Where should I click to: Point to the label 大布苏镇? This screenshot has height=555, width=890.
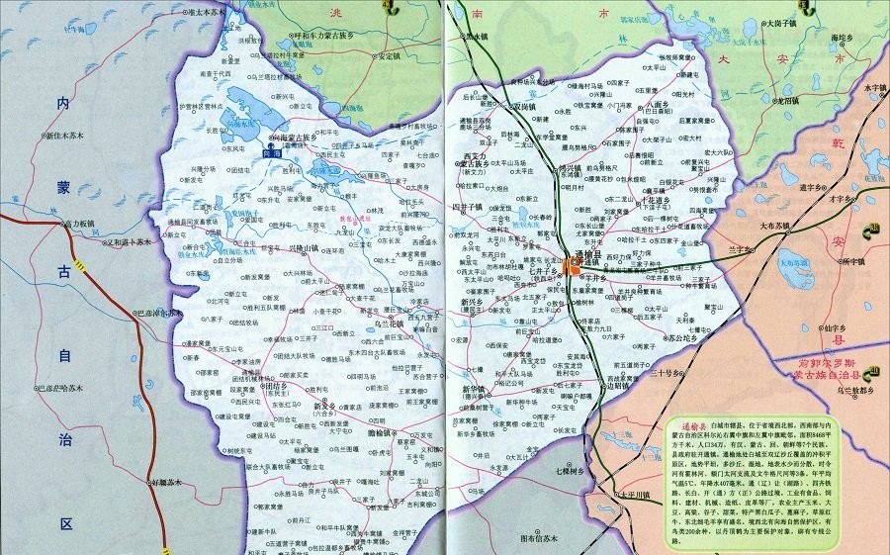(x=777, y=226)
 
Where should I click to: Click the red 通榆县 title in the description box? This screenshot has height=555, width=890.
(x=683, y=422)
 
